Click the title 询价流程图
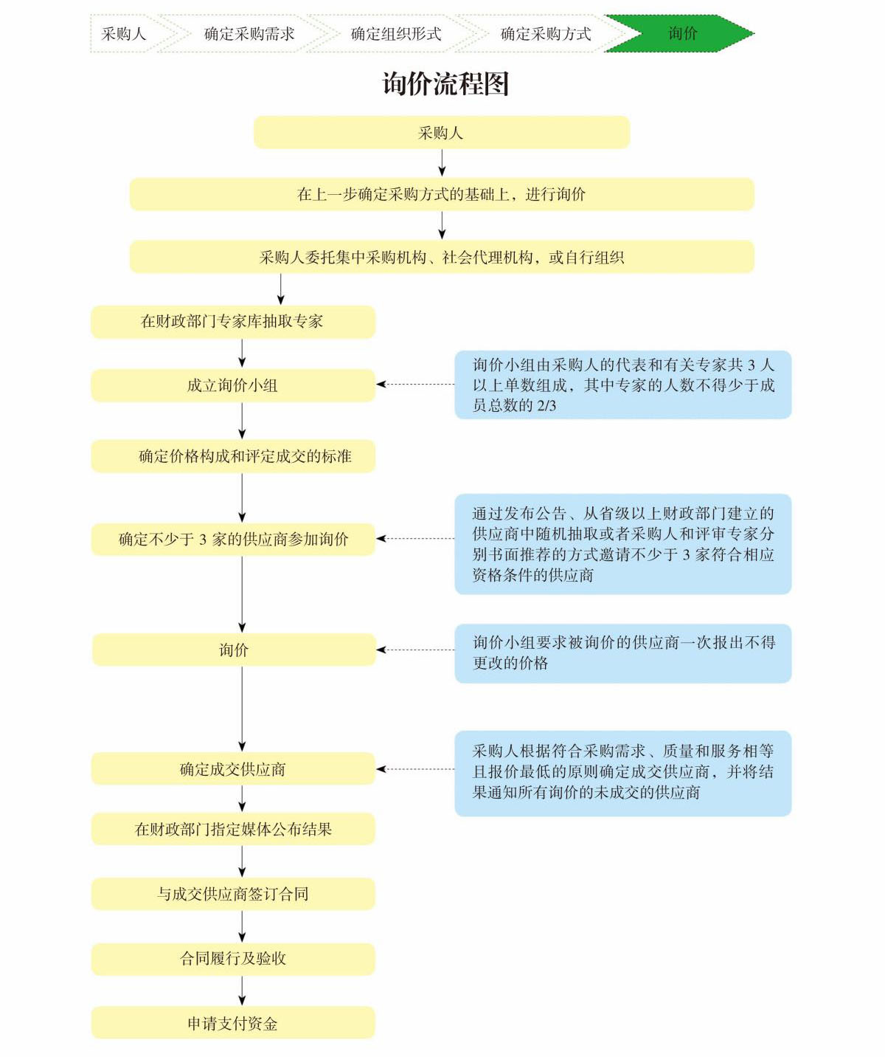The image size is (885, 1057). pos(445,84)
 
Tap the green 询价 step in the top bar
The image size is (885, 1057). pos(681,33)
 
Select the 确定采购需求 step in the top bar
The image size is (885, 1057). pos(249,34)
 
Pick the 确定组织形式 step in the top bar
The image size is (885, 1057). pos(396,34)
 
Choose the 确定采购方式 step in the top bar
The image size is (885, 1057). pos(546,34)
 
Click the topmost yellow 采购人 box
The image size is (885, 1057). pos(441,133)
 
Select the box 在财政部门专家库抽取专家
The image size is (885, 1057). pos(232,322)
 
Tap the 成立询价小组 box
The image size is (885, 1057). pos(232,385)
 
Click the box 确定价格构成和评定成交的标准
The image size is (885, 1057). pos(232,456)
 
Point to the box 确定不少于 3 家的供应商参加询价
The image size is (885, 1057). pos(232,540)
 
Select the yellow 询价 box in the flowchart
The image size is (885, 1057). pos(234,650)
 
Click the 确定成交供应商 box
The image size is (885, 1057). pos(232,769)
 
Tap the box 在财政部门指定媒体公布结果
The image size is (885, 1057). pos(232,830)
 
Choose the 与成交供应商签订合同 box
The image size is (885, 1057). pos(232,894)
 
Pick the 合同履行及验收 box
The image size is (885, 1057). pos(232,959)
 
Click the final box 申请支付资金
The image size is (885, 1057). pos(232,1024)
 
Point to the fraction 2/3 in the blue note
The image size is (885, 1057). pos(546,406)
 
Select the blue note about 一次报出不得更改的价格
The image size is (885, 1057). pos(622,653)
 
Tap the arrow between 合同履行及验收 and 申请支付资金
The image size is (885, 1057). pos(242,991)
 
